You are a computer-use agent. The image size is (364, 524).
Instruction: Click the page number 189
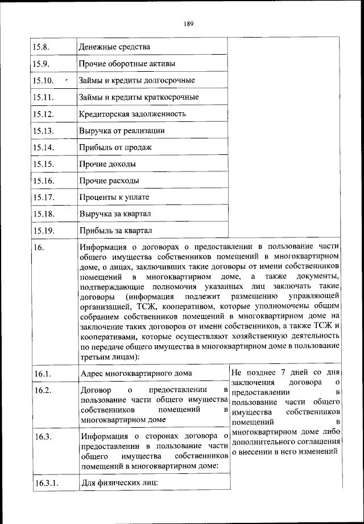pos(189,23)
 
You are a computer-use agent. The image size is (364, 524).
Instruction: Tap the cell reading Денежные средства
pos(115,47)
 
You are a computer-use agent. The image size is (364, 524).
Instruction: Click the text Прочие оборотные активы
pos(127,63)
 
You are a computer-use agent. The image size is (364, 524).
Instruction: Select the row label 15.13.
pos(44,130)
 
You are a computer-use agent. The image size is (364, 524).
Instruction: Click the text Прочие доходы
pos(109,164)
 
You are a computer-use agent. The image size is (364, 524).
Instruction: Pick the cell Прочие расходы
pos(110,181)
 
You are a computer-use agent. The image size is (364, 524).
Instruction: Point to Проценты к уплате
pos(115,198)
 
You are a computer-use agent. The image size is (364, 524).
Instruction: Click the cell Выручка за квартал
pos(119,214)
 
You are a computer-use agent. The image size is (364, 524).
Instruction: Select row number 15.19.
pos(44,231)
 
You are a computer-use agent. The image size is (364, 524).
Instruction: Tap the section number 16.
pos(39,248)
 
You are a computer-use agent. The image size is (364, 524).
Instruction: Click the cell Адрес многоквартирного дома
pos(136,374)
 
